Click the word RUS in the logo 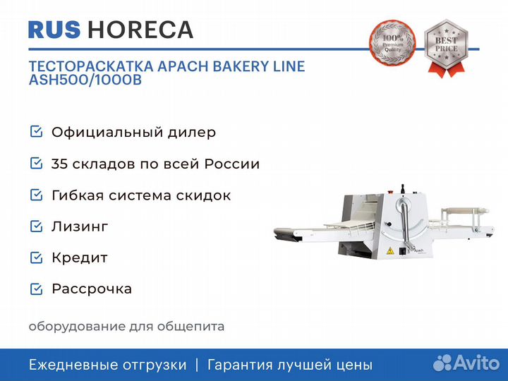click(x=54, y=30)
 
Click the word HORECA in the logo click(x=140, y=30)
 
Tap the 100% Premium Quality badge click(x=393, y=43)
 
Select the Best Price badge click(x=447, y=48)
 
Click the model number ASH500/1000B click(x=85, y=80)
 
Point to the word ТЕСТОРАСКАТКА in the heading click(x=91, y=66)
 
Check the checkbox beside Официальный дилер click(x=36, y=132)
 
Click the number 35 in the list click(x=59, y=164)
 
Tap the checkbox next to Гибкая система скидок click(x=36, y=195)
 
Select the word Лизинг click(x=80, y=226)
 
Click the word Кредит click(x=80, y=258)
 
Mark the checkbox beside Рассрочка click(x=36, y=289)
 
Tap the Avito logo click(x=466, y=363)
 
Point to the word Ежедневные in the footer click(x=75, y=365)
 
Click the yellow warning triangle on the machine click(x=390, y=250)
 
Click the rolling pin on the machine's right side click(x=465, y=211)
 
